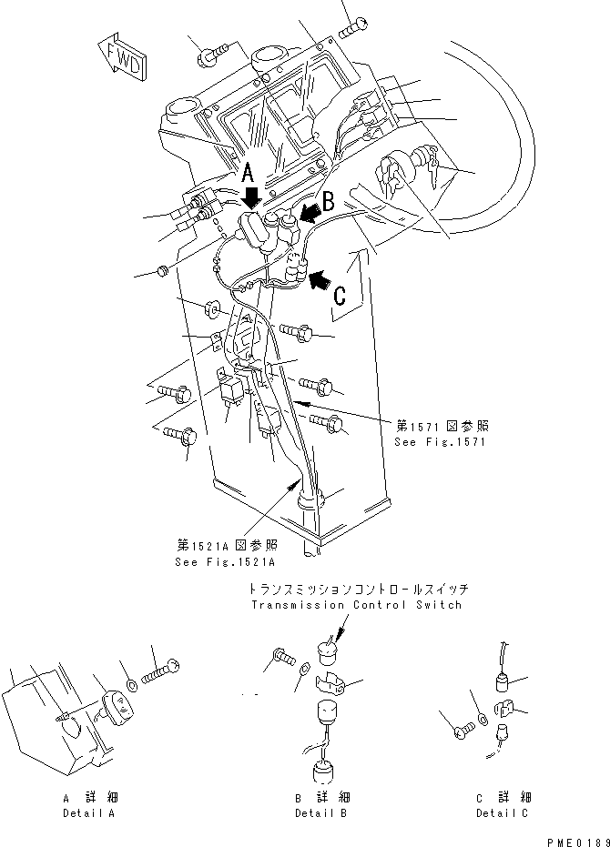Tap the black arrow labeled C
(320, 280)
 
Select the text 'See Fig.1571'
(440, 442)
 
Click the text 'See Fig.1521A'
(224, 561)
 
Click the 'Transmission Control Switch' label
(355, 604)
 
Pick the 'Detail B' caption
(320, 812)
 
